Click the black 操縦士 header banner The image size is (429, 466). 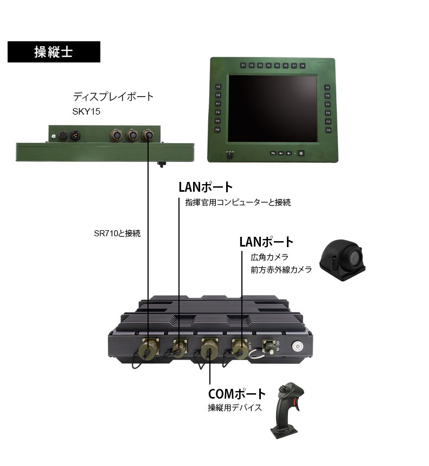pyautogui.click(x=54, y=52)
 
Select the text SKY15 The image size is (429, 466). pyautogui.click(x=87, y=112)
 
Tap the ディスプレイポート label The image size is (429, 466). pyautogui.click(x=113, y=97)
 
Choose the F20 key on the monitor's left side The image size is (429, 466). pyautogui.click(x=217, y=130)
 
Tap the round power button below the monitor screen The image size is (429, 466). pyautogui.click(x=302, y=153)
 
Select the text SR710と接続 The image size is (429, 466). pyautogui.click(x=117, y=234)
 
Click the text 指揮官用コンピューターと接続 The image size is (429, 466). pyautogui.click(x=238, y=203)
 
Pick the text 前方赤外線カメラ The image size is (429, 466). pyautogui.click(x=281, y=269)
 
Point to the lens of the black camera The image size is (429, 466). pyautogui.click(x=354, y=258)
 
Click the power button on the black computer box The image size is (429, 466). pyautogui.click(x=298, y=345)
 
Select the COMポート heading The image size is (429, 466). pyautogui.click(x=237, y=394)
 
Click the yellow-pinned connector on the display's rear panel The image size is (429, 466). pyautogui.click(x=73, y=134)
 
